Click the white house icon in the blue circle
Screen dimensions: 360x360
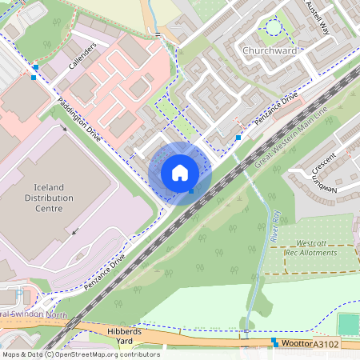pyautogui.click(x=180, y=172)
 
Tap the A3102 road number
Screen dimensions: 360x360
pyautogui.click(x=326, y=344)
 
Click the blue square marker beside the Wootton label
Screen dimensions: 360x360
pyautogui.click(x=274, y=342)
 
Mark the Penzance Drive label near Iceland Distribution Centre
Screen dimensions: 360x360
pyautogui.click(x=106, y=273)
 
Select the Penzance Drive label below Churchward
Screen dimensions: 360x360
pyautogui.click(x=277, y=106)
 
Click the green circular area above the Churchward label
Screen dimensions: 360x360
pyautogui.click(x=274, y=27)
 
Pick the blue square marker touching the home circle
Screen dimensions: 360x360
pyautogui.click(x=191, y=190)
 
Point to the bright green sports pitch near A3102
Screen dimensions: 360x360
pyautogui.click(x=348, y=324)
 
